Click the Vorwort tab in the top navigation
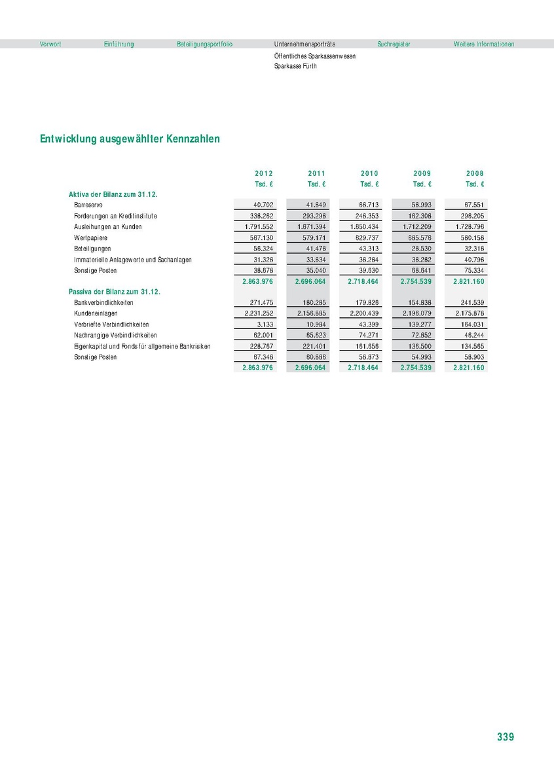coord(50,44)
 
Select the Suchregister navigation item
coord(394,44)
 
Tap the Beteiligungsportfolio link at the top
coord(204,44)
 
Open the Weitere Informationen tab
coord(483,44)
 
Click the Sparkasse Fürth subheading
coord(295,66)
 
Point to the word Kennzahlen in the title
coord(193,139)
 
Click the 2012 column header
coord(264,173)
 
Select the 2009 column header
coord(422,173)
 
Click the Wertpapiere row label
coord(90,238)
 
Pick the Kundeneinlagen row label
coord(96,314)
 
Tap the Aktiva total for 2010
coord(363,281)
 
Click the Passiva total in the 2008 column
coord(468,368)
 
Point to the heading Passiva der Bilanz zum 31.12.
coord(115,292)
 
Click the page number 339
coord(505,737)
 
